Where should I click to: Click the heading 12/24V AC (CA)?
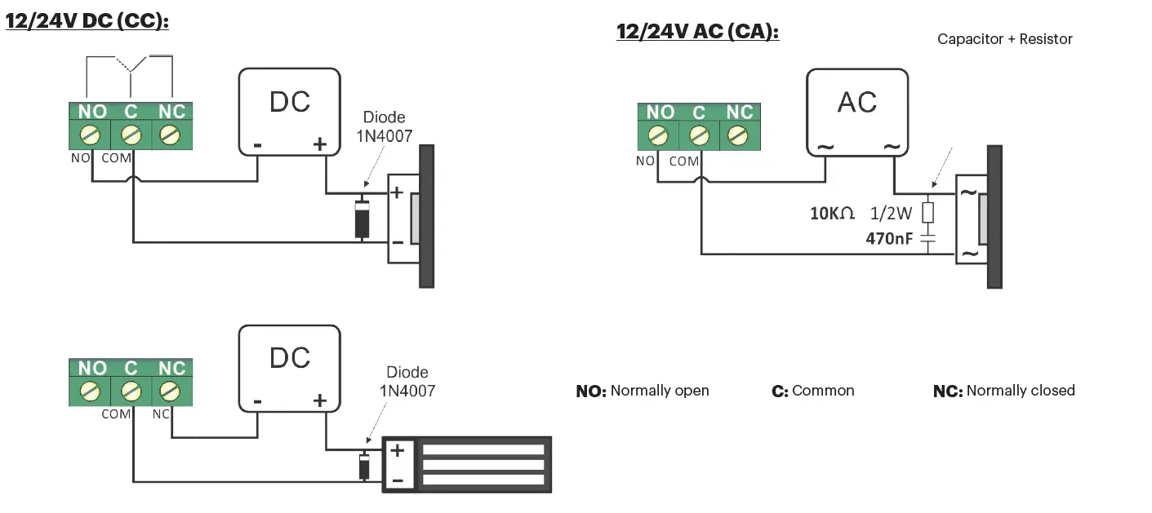click(697, 32)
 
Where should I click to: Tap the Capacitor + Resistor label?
click(1004, 39)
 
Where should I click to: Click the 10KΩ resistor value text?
click(832, 214)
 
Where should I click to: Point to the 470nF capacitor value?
click(889, 240)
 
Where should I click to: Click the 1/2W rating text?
click(890, 214)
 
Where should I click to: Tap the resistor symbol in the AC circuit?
click(927, 213)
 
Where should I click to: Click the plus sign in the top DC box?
click(320, 145)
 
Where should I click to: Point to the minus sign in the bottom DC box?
click(257, 402)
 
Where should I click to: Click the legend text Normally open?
click(660, 391)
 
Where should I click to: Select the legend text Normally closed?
click(1020, 391)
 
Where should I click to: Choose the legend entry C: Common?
click(812, 391)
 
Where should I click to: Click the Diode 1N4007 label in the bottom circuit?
click(407, 382)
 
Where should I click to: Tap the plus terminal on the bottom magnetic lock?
click(398, 450)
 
